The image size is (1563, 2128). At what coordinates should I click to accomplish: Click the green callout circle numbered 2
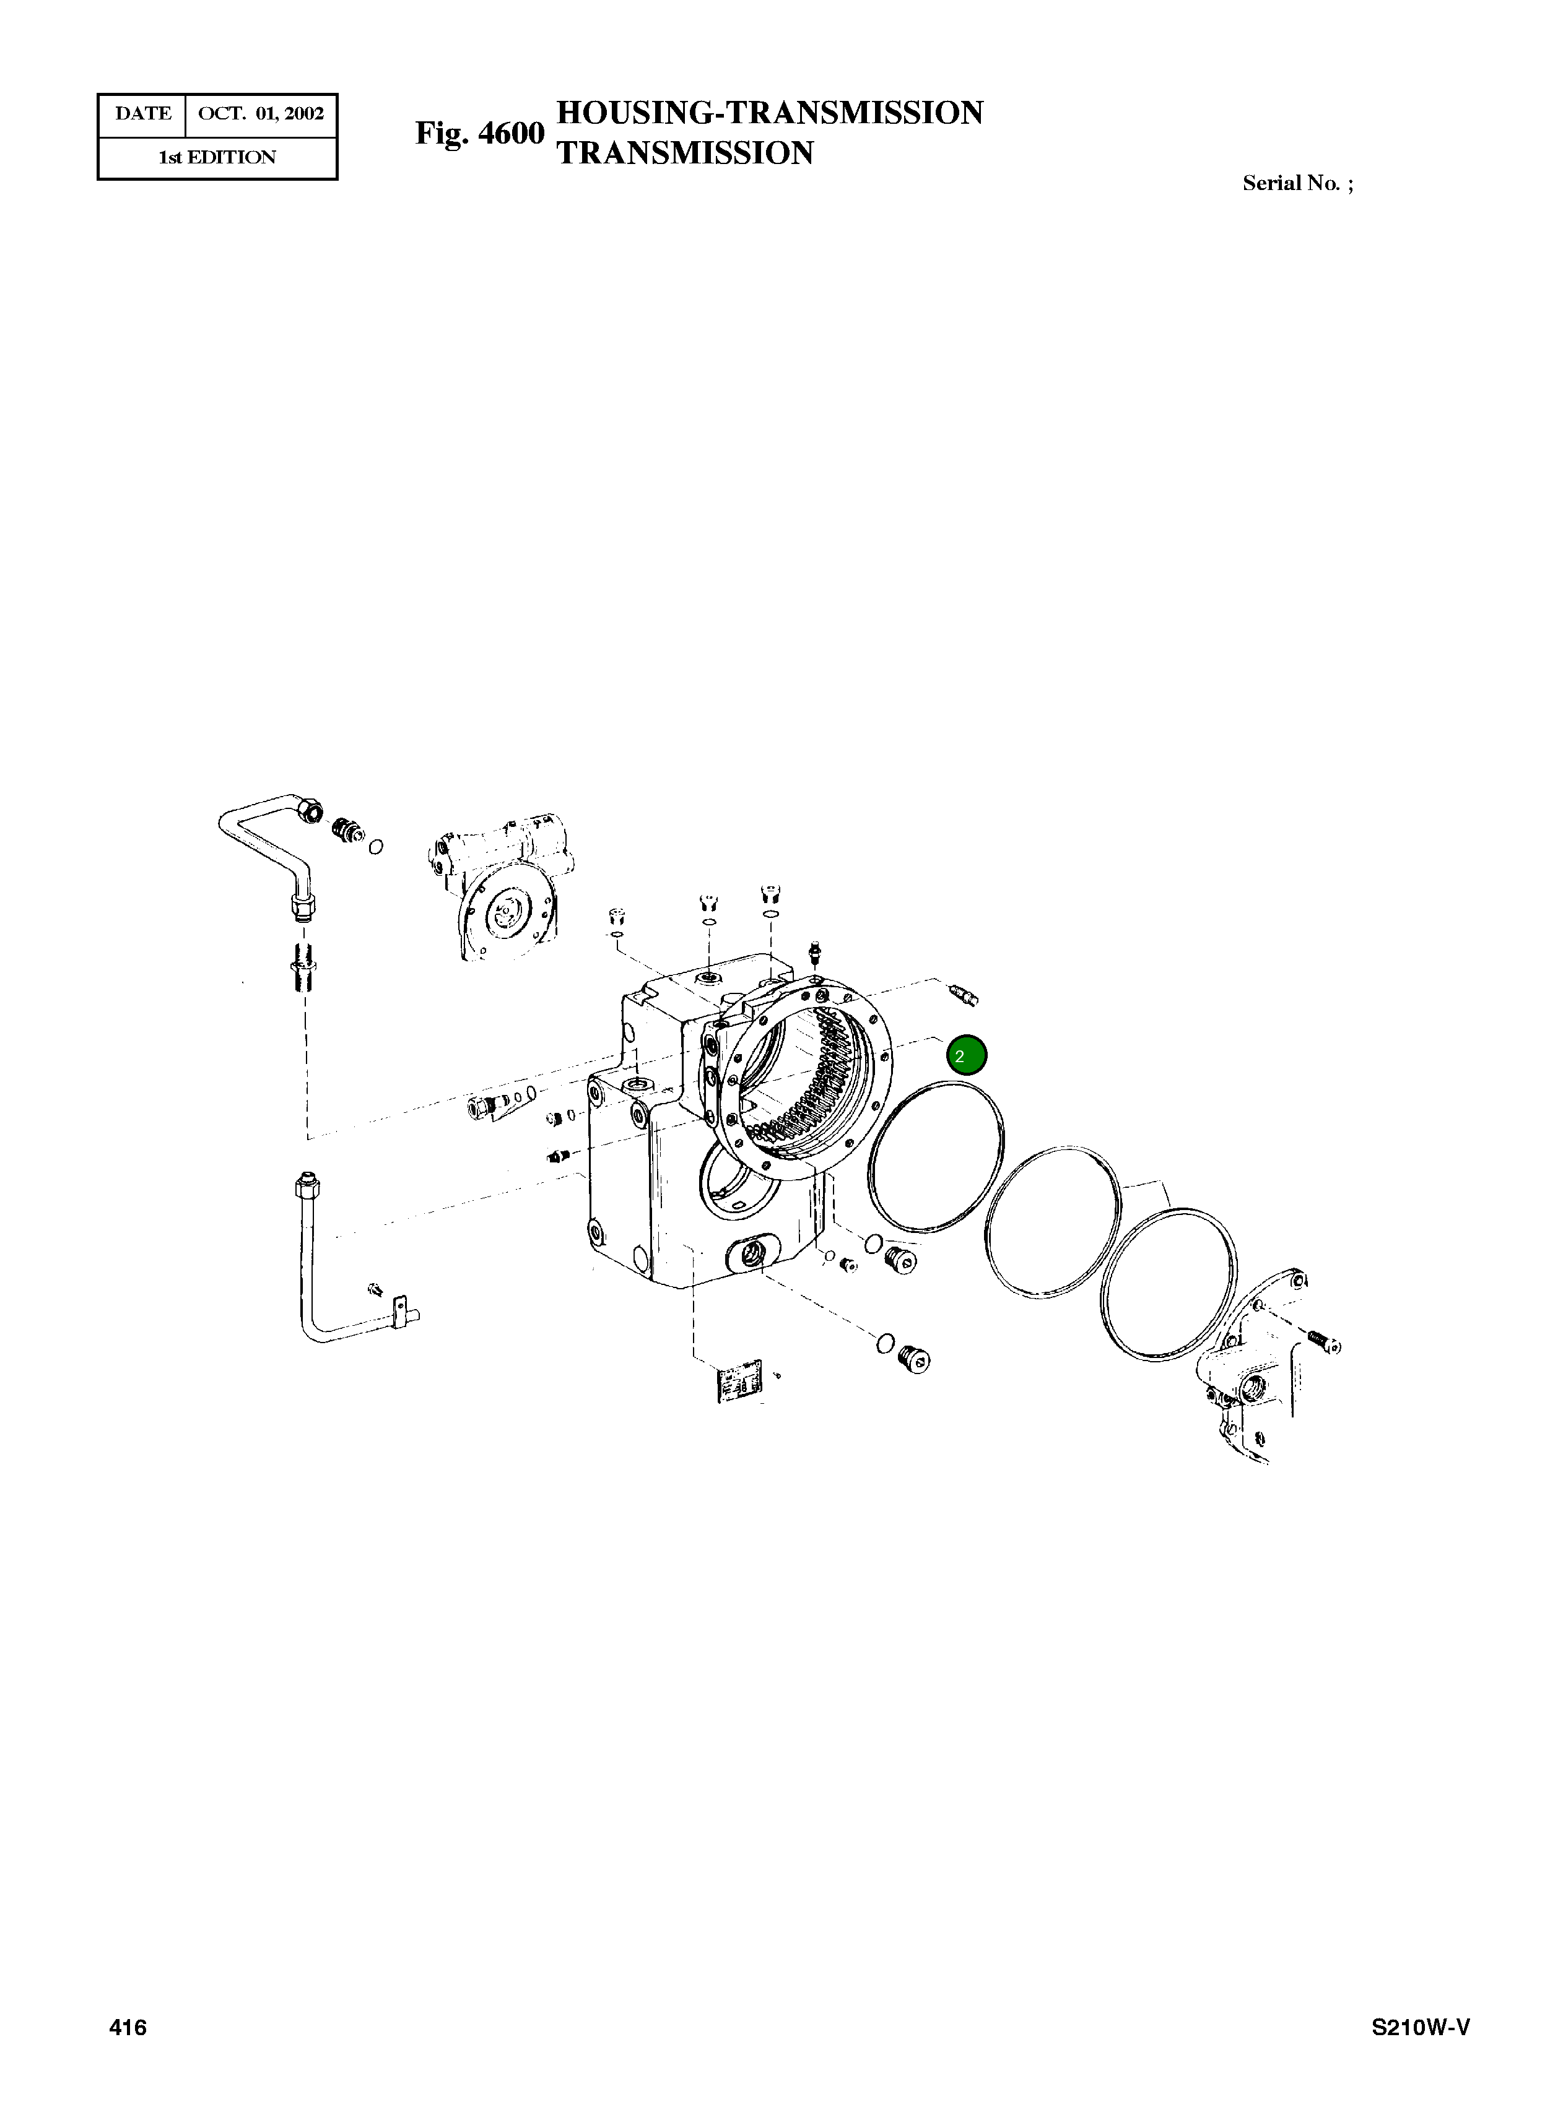[x=966, y=1055]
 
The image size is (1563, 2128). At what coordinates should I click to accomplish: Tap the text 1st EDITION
[x=217, y=158]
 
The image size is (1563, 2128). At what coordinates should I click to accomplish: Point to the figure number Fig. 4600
[x=480, y=133]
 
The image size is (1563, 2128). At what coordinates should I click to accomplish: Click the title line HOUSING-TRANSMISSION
[x=769, y=113]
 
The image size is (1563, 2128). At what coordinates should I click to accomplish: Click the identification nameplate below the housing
[x=738, y=1383]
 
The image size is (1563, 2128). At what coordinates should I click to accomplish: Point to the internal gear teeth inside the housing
[x=823, y=1088]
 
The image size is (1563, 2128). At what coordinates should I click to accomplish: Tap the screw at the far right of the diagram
[x=1325, y=1340]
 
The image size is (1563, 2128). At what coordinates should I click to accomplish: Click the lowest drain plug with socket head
[x=914, y=1360]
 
